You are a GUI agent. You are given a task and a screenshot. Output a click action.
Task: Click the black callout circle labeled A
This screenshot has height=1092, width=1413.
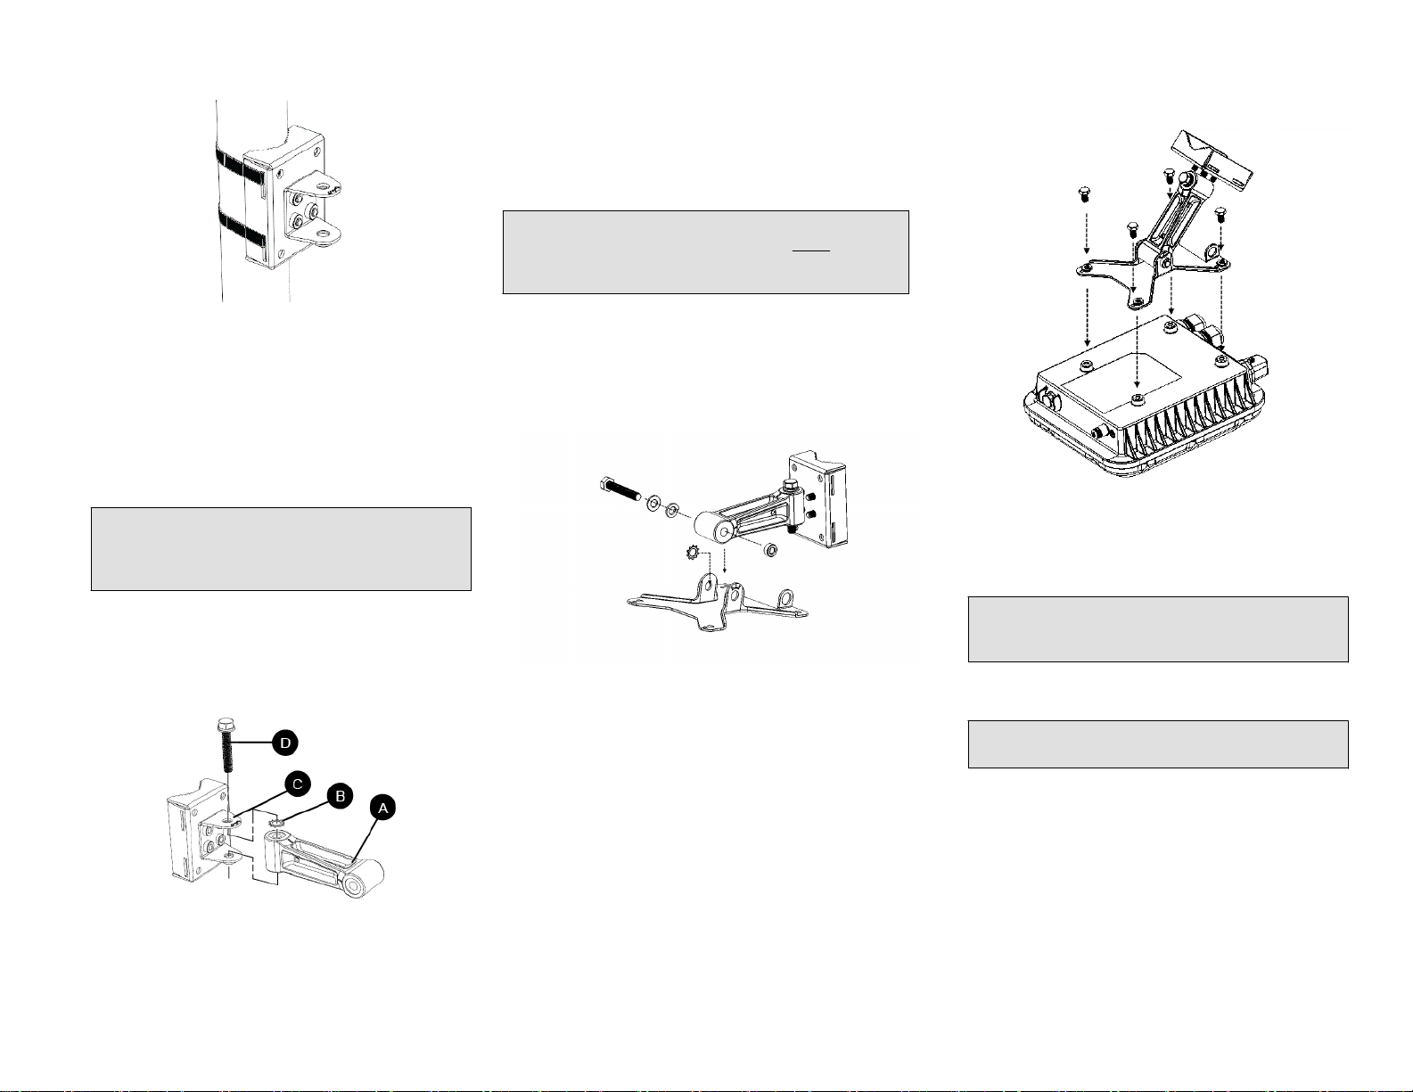383,808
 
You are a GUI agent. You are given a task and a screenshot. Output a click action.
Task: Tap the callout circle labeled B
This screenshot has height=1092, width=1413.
340,796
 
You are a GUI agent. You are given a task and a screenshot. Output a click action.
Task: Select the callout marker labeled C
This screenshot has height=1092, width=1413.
297,784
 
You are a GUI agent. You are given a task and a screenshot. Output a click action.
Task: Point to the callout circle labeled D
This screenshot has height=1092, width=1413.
285,743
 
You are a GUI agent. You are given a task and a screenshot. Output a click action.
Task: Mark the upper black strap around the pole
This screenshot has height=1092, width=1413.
242,167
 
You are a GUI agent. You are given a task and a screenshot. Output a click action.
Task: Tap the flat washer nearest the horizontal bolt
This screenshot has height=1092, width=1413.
653,503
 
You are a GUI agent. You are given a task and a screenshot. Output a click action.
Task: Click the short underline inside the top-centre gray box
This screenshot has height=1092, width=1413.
811,250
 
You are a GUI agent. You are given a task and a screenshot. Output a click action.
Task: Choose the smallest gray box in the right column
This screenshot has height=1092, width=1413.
1158,744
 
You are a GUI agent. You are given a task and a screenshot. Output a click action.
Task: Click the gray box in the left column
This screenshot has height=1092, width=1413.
281,549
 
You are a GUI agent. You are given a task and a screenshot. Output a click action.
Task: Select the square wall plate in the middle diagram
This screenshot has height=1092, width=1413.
818,500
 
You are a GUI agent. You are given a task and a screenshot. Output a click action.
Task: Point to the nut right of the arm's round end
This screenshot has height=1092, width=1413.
769,550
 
